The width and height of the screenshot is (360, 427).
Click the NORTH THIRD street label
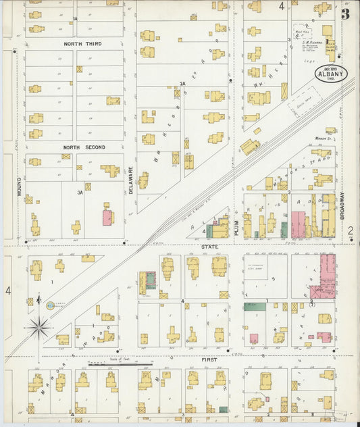tap(83, 43)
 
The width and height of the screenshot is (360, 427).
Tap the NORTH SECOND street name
tap(85, 147)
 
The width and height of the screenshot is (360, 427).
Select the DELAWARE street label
tap(131, 181)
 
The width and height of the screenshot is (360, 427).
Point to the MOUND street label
tap(20, 187)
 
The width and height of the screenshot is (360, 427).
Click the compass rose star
tap(38, 328)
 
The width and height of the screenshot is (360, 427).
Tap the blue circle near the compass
tap(50, 305)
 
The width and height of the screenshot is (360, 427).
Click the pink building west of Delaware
tap(107, 218)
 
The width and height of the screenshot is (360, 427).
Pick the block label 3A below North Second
tap(80, 193)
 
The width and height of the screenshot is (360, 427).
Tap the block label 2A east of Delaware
tap(182, 84)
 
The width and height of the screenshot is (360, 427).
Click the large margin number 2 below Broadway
tap(351, 232)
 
